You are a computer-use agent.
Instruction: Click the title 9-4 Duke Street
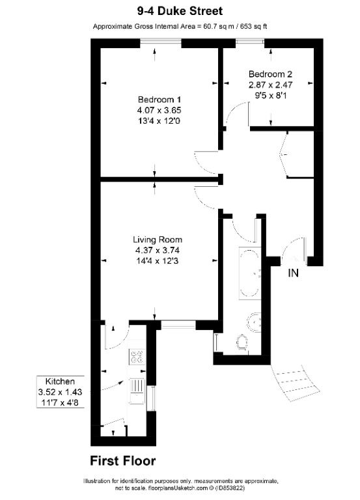[180, 11]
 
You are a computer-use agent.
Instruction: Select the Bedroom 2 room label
[268, 74]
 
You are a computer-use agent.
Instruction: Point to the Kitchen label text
[60, 381]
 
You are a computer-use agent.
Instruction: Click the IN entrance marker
[294, 273]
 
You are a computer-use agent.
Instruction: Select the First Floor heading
[123, 461]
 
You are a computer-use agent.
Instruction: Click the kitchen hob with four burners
[137, 356]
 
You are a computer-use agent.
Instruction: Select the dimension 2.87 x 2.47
[268, 85]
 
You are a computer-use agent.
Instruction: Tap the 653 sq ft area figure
[251, 27]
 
